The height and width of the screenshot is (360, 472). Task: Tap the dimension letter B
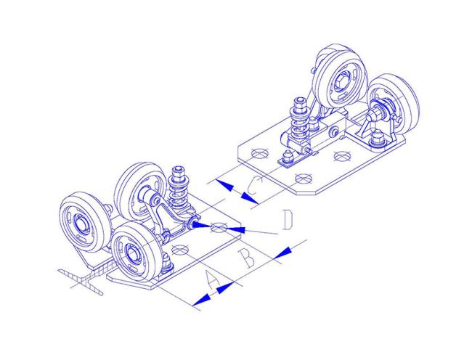point(247,258)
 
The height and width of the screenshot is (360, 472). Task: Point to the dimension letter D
point(288,220)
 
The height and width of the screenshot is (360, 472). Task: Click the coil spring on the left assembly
point(179,190)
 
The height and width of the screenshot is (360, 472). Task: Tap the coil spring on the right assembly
point(299,120)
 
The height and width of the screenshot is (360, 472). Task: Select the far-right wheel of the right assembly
point(394,102)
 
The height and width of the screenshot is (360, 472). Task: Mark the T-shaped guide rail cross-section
point(82,279)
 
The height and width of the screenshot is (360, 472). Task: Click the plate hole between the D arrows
point(219,228)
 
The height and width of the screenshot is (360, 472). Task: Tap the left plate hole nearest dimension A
point(179,250)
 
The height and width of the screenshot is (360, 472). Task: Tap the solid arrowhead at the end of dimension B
point(282,253)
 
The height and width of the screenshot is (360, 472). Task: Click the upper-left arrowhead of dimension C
point(224,185)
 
